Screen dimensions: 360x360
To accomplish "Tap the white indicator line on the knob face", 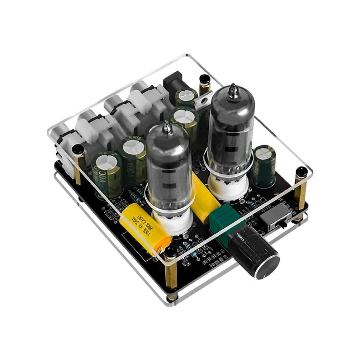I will click(x=265, y=275).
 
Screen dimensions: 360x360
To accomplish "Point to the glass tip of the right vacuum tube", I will click(x=233, y=87).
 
